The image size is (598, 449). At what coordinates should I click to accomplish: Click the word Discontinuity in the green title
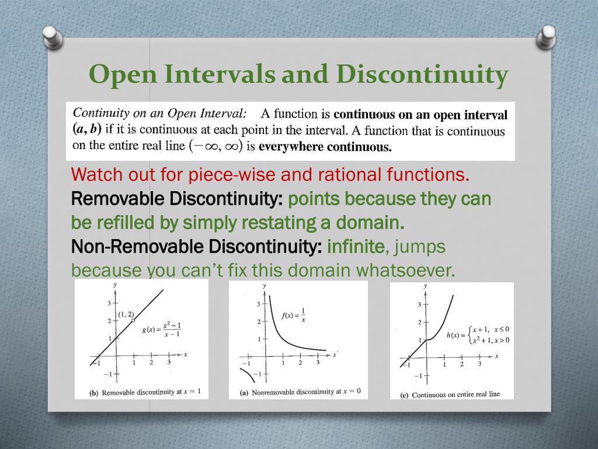(422, 74)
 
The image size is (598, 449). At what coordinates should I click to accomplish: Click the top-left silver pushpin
(53, 37)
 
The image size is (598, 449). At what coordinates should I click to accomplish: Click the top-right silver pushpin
(546, 37)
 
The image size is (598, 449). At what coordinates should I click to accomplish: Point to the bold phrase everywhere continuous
(325, 147)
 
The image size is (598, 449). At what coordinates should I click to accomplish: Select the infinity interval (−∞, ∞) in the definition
(216, 146)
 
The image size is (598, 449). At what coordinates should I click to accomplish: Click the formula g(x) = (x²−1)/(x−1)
(162, 330)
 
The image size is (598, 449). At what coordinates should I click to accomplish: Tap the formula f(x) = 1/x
(293, 315)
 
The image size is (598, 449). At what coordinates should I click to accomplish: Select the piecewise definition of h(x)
(478, 335)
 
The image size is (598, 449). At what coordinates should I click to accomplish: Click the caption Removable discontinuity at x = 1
(145, 392)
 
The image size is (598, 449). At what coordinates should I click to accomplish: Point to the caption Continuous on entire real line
(450, 395)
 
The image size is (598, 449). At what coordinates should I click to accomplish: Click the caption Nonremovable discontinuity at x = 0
(300, 392)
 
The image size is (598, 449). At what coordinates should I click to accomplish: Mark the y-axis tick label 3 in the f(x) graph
(258, 304)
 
